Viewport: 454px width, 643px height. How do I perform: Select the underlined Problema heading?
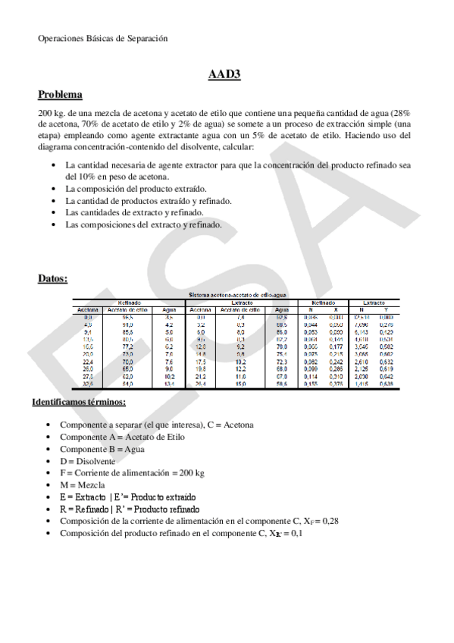[60, 95]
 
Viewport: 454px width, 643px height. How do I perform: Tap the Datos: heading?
[53, 278]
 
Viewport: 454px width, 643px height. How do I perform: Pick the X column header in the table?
[336, 309]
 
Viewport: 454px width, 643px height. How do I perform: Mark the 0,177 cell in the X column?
[336, 346]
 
